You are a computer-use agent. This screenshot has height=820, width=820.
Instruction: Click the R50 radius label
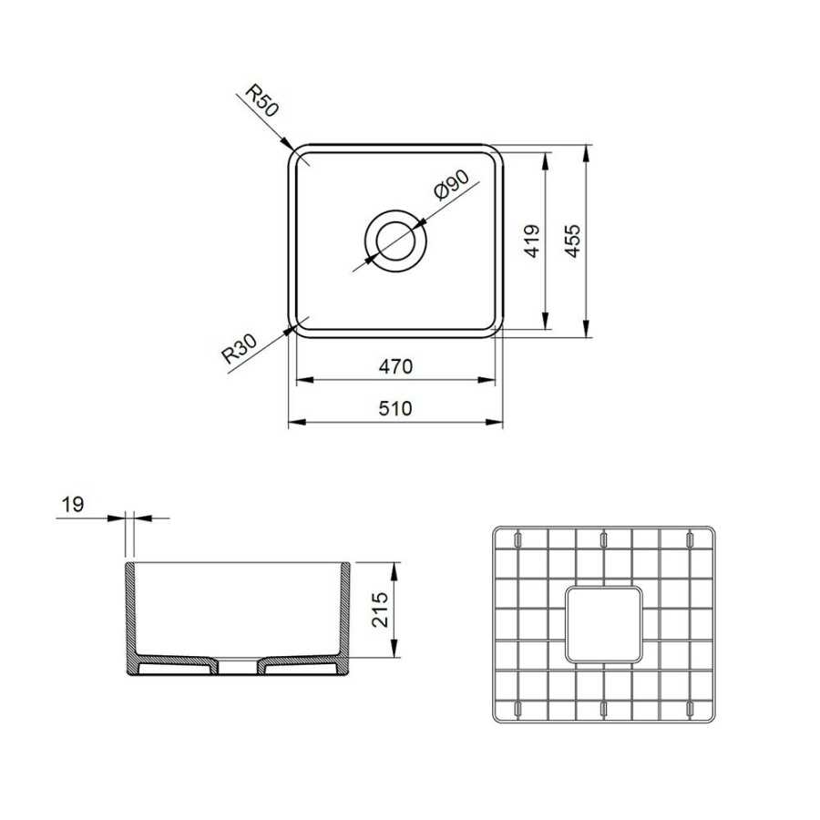[262, 101]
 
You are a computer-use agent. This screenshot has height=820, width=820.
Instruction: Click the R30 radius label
[240, 349]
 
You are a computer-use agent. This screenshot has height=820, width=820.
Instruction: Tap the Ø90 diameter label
[452, 185]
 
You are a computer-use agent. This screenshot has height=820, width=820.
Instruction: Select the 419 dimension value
[532, 241]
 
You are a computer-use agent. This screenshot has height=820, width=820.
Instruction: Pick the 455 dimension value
[573, 241]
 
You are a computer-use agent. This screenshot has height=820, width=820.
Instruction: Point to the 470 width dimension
[396, 366]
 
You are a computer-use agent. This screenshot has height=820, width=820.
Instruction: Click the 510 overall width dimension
[395, 408]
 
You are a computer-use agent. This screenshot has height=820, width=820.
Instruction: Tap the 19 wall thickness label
[73, 505]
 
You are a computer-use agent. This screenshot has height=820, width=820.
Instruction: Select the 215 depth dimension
[380, 610]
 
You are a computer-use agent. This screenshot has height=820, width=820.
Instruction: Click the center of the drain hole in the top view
[395, 241]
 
